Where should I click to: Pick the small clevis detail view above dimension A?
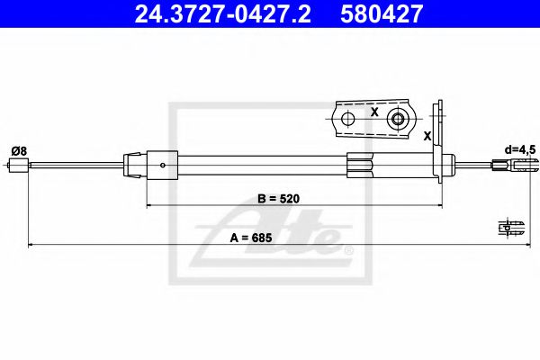pos(510,227)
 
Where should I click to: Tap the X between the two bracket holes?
pos(373,112)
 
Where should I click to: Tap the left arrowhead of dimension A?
pos(31,244)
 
